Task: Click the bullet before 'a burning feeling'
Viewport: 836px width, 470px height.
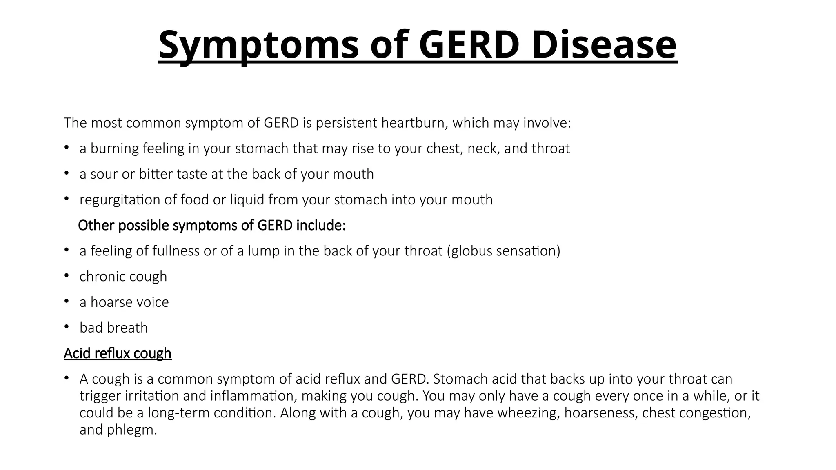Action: [x=67, y=148]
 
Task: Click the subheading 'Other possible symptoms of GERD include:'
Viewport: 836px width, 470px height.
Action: [x=211, y=225]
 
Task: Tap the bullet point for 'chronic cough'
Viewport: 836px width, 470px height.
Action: [x=67, y=276]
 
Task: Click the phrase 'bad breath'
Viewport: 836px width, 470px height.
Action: [x=113, y=328]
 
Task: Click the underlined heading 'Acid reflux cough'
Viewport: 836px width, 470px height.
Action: [x=118, y=353]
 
